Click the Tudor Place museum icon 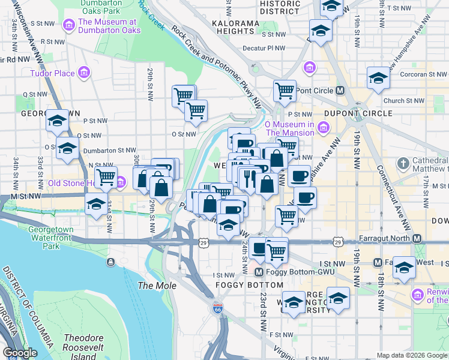point(84,73)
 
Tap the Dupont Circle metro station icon point(340,91)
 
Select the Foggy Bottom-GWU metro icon point(243,272)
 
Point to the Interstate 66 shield point(217,308)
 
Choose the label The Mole point(157,286)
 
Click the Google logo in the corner point(20,353)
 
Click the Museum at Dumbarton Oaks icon point(70,26)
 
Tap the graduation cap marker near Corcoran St point(378,79)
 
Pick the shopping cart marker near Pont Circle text point(285,91)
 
